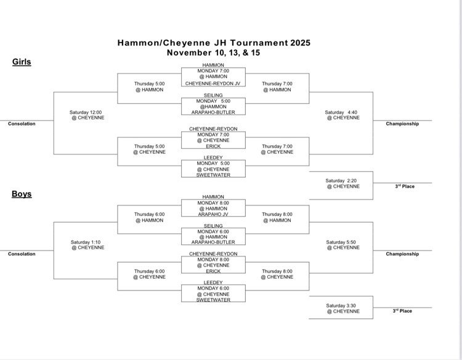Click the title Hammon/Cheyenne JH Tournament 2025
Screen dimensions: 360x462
click(214, 43)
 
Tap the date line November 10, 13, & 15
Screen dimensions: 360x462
click(214, 53)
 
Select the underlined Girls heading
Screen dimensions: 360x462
click(22, 62)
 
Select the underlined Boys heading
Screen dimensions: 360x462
click(22, 194)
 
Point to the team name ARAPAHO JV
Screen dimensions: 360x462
click(213, 215)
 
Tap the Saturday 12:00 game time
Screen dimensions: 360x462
click(87, 113)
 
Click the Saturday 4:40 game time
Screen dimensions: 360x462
click(342, 113)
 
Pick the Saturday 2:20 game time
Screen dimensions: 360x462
click(342, 181)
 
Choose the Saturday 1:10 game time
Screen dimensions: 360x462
click(87, 242)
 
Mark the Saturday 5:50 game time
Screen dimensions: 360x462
click(342, 242)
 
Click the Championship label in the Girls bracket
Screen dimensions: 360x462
click(402, 124)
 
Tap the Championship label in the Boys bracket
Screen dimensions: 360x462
click(402, 254)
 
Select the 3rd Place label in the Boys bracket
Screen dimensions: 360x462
click(402, 311)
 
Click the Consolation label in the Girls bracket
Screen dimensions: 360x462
click(22, 124)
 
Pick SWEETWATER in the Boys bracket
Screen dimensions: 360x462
click(213, 300)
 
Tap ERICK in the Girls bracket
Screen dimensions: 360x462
click(213, 146)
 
